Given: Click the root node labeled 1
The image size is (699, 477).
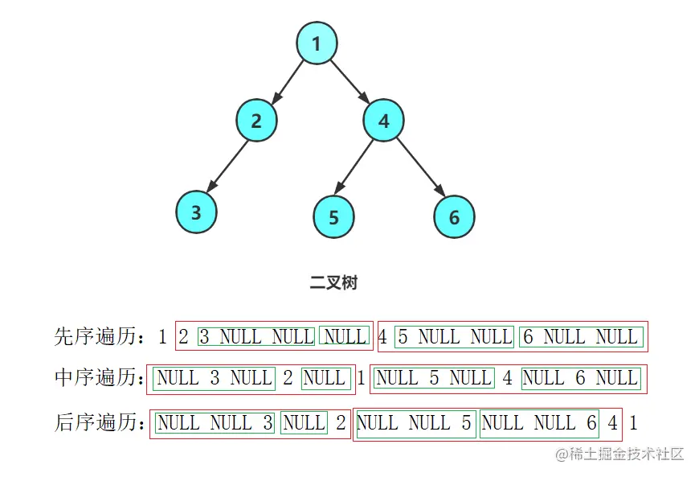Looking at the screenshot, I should pos(317,43).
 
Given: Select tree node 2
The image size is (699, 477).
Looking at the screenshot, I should pos(256,121).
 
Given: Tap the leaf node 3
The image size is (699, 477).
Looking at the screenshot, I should pos(196,213).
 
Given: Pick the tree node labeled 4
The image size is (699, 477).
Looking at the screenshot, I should pos(383,121).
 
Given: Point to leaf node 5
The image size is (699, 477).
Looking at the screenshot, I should pos(333,217).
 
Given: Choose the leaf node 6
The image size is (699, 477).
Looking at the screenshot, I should pos(454,217).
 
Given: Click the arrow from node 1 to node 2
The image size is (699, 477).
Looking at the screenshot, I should pos(288,80).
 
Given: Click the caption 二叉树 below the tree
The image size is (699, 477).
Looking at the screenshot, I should pos(333,283).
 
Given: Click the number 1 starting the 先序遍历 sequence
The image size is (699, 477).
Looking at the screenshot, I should pos(162,337).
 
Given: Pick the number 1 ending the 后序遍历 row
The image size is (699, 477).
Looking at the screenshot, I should pos(634,422).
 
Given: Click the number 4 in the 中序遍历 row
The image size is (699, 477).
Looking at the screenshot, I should pos(507,377).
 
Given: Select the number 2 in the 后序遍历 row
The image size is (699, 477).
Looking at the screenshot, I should pos(341,422).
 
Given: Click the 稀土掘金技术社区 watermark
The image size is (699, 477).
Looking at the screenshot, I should pos(619,454).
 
